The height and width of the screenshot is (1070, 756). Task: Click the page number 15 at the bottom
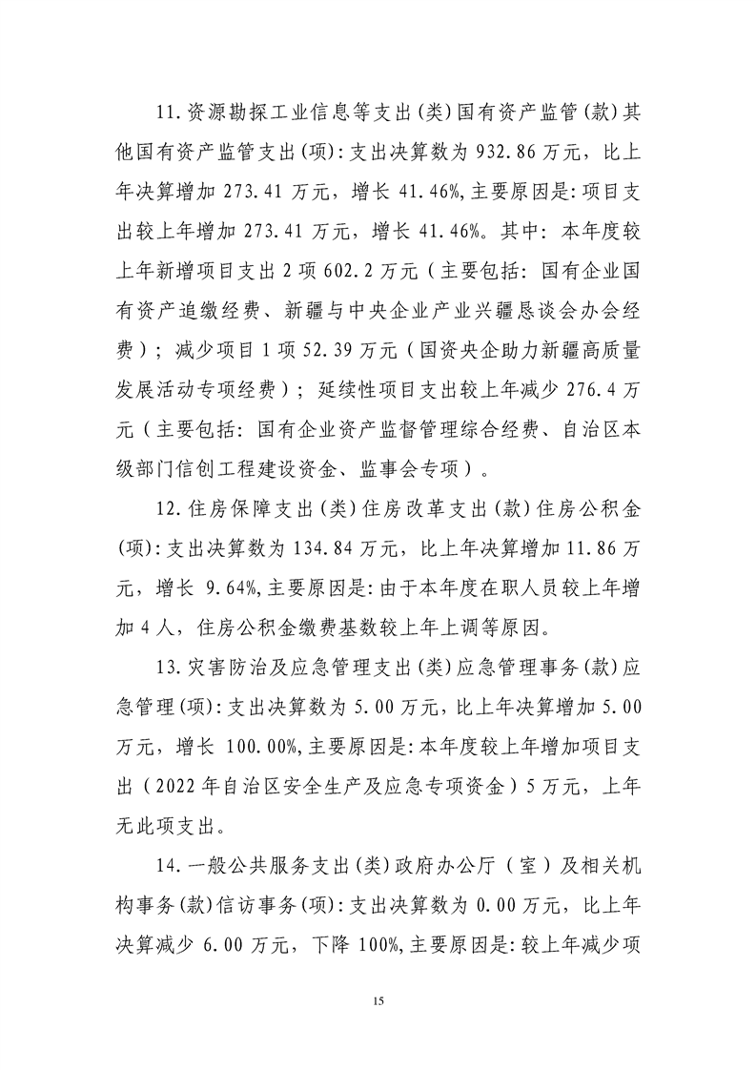pos(378,1000)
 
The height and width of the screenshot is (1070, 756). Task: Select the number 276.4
pos(574,388)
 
